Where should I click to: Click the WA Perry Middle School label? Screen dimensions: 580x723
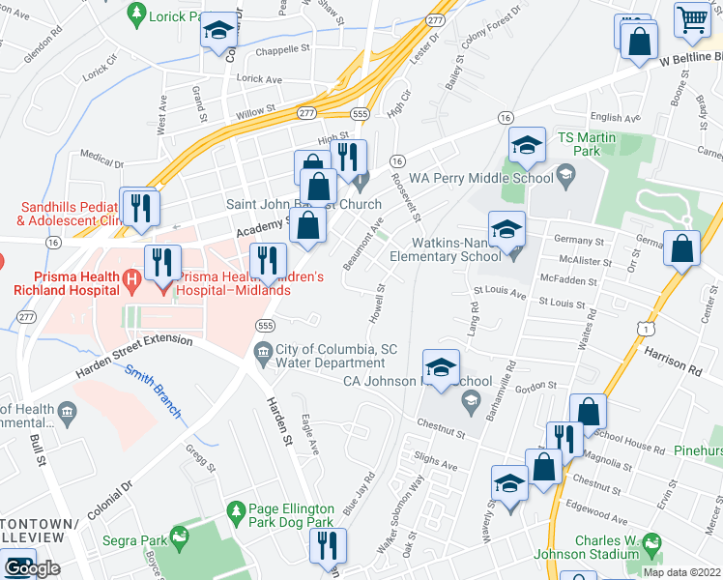[x=480, y=178]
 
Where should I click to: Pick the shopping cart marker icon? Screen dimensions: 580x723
[x=692, y=18]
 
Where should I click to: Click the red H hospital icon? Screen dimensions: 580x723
[x=133, y=280]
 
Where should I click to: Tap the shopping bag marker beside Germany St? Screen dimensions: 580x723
[x=682, y=248]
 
